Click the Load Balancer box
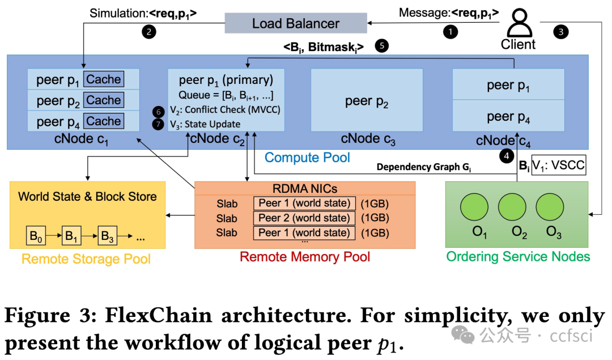pyautogui.click(x=295, y=23)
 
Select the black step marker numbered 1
pyautogui.click(x=450, y=32)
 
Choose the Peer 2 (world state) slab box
pyautogui.click(x=304, y=218)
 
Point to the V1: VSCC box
pyautogui.click(x=558, y=166)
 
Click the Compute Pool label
pyautogui.click(x=308, y=157)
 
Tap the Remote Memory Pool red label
pyautogui.click(x=305, y=257)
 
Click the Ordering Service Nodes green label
pyautogui.click(x=518, y=256)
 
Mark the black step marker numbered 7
pyautogui.click(x=159, y=124)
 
